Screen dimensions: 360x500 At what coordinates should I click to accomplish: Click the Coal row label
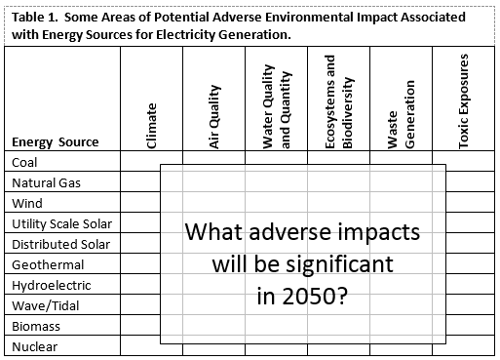click(x=26, y=162)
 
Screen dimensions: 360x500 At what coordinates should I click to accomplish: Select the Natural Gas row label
click(x=47, y=182)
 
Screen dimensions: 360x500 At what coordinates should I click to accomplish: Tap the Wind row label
click(x=27, y=203)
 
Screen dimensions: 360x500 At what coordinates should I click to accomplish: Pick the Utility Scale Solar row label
click(x=61, y=223)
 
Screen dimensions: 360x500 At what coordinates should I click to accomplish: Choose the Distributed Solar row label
click(x=60, y=244)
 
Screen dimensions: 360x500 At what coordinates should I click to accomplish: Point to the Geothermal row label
click(x=48, y=264)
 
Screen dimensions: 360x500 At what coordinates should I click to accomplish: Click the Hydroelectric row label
click(x=52, y=285)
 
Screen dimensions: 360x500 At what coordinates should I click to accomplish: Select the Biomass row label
click(x=36, y=326)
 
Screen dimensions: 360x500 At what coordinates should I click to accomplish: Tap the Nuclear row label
click(x=35, y=346)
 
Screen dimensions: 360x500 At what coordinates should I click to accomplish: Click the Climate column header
click(x=151, y=125)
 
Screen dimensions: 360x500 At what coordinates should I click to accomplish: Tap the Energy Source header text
click(x=56, y=142)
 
